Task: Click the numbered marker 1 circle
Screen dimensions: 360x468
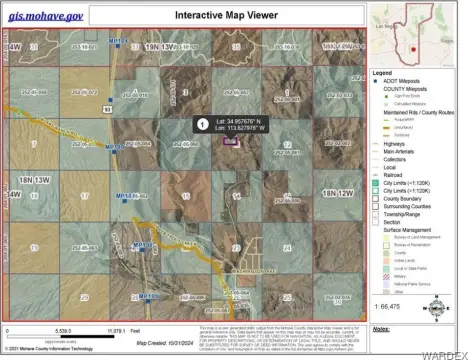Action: pos(203,125)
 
